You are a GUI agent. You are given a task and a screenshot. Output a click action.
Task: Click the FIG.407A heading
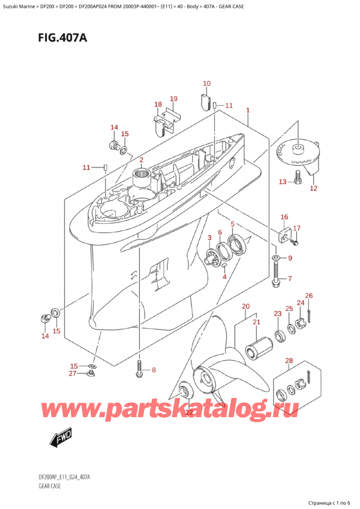62,38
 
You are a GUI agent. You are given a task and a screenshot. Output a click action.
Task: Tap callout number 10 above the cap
207,83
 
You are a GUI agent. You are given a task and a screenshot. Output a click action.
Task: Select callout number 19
173,98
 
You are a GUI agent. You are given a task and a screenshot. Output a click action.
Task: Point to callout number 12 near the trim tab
313,188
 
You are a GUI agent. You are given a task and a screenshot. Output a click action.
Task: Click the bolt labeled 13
297,177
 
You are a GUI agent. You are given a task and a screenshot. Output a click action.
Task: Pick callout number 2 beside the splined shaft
142,160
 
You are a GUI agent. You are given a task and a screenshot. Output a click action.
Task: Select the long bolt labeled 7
276,275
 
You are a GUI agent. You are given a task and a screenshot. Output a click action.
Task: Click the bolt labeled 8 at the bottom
139,369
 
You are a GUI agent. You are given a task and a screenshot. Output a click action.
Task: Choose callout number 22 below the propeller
188,412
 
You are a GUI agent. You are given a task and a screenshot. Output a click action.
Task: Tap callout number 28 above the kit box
289,360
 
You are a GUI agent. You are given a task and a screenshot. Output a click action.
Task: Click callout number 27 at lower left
73,373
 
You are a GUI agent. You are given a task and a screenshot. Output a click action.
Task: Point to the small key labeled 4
224,266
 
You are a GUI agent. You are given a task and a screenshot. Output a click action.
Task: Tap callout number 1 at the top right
248,110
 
